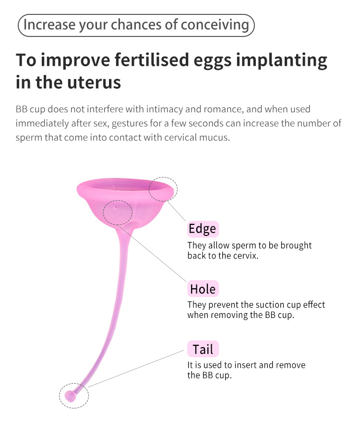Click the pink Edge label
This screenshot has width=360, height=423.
click(203, 229)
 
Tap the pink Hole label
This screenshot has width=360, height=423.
click(203, 289)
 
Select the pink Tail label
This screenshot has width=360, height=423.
click(203, 349)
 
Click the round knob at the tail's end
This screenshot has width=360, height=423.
click(70, 396)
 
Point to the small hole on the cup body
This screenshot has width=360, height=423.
click(116, 208)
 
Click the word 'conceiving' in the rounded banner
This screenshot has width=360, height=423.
click(215, 25)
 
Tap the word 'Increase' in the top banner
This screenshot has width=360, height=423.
click(49, 24)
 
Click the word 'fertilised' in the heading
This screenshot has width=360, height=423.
click(152, 60)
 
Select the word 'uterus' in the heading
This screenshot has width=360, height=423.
click(94, 83)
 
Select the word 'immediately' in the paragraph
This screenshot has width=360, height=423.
click(42, 124)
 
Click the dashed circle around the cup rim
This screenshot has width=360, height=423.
click(163, 177)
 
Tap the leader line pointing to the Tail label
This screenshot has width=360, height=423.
click(136, 369)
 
